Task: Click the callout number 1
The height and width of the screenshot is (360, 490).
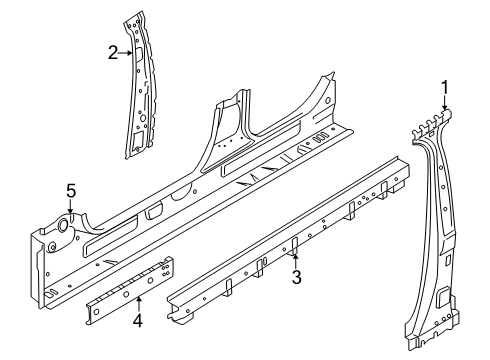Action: [x=444, y=88]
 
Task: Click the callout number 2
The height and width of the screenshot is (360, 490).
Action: [x=113, y=53]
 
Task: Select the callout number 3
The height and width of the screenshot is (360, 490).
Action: [x=296, y=277]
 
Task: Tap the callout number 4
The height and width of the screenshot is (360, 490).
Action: [x=138, y=321]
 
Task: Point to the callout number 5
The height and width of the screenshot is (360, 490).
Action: [x=71, y=191]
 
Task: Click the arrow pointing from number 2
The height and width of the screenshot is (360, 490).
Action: [x=126, y=53]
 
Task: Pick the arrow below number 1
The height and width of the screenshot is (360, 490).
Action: [x=444, y=103]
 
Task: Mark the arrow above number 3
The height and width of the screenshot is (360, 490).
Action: [x=296, y=262]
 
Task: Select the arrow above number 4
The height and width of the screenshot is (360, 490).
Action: [x=139, y=305]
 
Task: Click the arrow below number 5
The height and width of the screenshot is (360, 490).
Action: [x=70, y=206]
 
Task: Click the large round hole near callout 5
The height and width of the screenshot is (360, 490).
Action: [x=63, y=225]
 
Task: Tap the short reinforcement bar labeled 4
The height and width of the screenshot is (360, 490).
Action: [x=130, y=289]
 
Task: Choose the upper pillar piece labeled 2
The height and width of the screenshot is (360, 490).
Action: [x=139, y=85]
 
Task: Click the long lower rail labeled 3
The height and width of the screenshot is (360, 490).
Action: [x=289, y=240]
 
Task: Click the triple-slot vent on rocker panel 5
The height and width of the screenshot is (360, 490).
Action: [x=321, y=137]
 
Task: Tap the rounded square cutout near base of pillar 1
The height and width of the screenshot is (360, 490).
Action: [x=443, y=295]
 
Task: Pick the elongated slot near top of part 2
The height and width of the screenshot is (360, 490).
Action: [x=138, y=53]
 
